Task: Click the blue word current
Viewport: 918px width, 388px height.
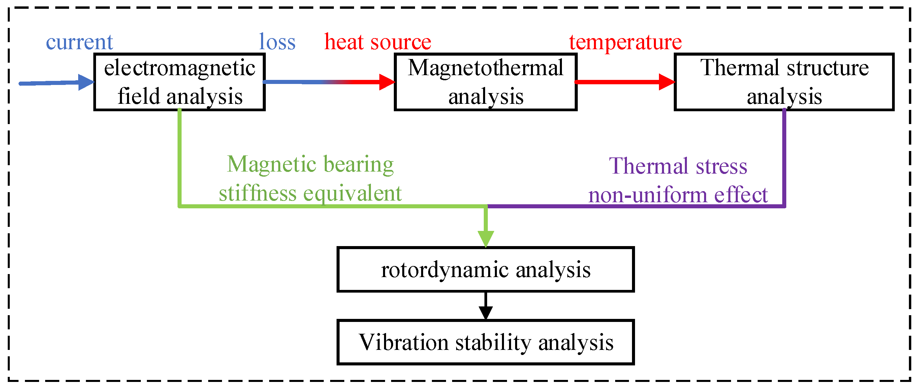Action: coord(79,42)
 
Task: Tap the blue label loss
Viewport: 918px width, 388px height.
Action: coord(277,42)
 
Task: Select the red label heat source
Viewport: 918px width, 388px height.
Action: coord(377,42)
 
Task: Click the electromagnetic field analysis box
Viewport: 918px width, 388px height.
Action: coord(179,82)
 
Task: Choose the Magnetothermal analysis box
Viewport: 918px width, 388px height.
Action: coord(485,82)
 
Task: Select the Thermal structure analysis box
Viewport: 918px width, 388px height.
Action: coord(784,82)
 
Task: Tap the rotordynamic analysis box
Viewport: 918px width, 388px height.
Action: coord(485,270)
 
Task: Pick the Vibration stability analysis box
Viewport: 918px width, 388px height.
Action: coord(485,342)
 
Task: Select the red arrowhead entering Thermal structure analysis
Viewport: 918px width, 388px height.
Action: coord(666,82)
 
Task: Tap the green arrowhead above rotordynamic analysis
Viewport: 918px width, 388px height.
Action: coord(486,238)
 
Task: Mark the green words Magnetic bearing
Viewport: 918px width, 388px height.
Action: coord(310,165)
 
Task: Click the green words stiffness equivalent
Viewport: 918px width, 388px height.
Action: coord(310,193)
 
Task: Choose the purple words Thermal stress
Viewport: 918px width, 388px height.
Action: coord(678,166)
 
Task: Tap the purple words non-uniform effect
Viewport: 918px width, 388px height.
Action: coord(678,195)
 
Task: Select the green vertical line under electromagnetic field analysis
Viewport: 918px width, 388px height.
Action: coord(179,157)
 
